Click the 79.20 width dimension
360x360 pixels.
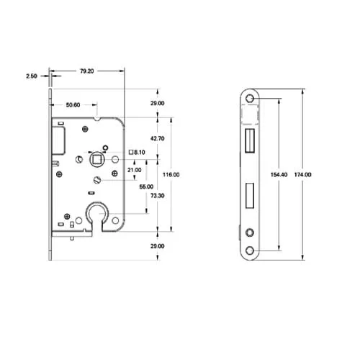click(87, 71)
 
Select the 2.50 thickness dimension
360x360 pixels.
click(31, 75)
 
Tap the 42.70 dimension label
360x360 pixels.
click(157, 138)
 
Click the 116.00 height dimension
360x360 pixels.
click(171, 175)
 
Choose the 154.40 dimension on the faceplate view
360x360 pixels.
click(278, 175)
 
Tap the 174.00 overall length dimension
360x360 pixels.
click(312, 175)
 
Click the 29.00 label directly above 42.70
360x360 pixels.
click(157, 104)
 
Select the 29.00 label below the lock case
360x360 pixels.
click(157, 246)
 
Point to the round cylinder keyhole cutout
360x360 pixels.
click(96, 212)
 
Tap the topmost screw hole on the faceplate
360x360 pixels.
click(250, 99)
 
